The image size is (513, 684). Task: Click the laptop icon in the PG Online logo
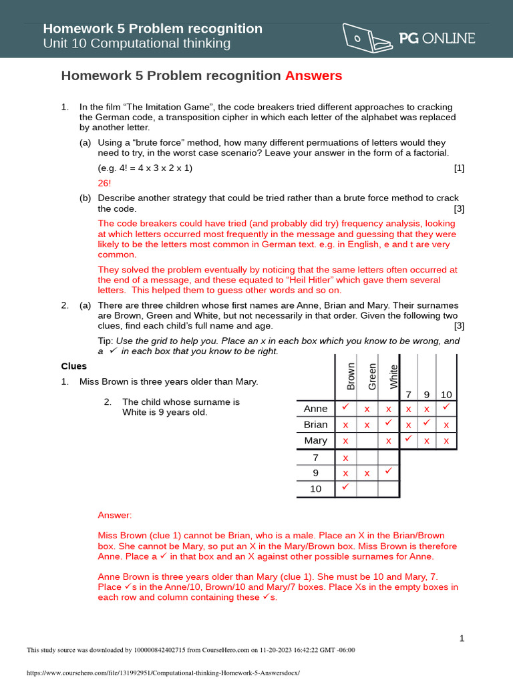coord(367,37)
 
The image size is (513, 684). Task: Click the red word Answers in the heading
coord(313,76)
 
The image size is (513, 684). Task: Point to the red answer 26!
coord(105,182)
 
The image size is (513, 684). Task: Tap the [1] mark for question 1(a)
coord(459,168)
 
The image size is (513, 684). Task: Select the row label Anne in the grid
coord(315,408)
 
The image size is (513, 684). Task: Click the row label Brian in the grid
coord(315,424)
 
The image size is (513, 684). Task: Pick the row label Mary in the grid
coord(315,440)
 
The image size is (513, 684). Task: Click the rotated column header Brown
coord(351,376)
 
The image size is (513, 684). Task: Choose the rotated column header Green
coord(373,376)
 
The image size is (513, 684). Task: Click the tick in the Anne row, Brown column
coord(345,407)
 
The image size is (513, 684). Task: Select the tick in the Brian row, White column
coord(388,423)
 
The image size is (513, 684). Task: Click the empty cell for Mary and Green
coord(367,441)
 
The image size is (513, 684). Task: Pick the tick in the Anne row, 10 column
coord(446,407)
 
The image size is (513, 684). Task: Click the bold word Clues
coord(74,366)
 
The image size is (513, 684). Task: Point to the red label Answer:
coord(115,515)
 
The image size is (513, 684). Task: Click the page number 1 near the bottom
coord(462,639)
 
